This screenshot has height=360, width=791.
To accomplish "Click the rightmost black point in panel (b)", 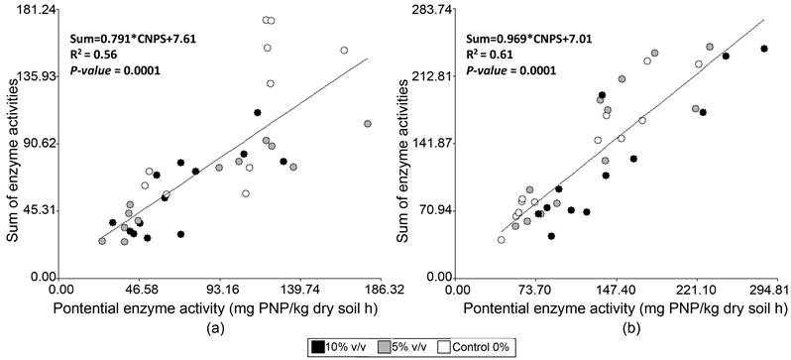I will pos(764,49).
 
